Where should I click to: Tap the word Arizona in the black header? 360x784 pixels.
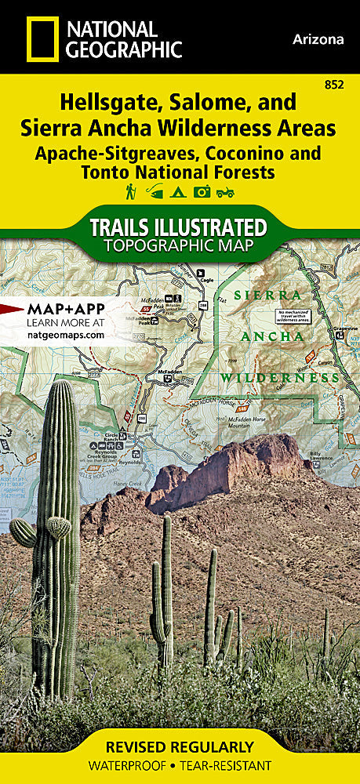coord(319,38)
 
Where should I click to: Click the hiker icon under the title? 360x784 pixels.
coord(130,191)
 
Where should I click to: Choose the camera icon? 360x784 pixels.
coord(202,191)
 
